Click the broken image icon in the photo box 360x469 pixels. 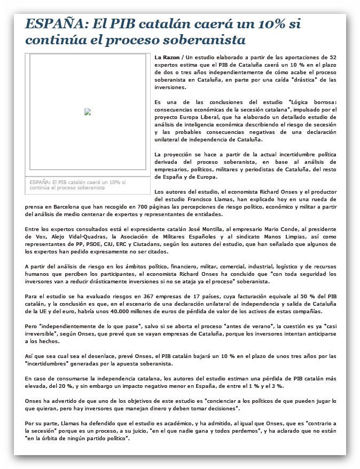click(88, 112)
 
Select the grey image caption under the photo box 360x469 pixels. click(77, 185)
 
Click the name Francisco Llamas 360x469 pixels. click(200, 198)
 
